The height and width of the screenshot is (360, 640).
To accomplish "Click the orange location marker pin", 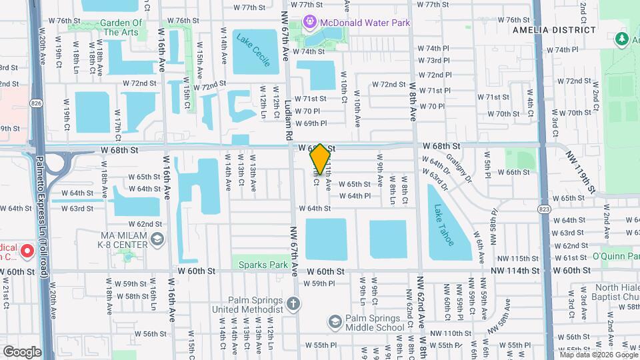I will point(321,159).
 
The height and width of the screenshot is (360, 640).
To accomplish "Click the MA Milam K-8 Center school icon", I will point(157,239).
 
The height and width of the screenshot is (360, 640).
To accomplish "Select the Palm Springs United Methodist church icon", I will point(293,305).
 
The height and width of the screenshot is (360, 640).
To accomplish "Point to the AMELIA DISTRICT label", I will point(554,30).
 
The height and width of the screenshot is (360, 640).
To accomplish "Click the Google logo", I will point(22,351).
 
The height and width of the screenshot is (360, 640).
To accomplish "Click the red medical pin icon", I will point(27,252).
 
